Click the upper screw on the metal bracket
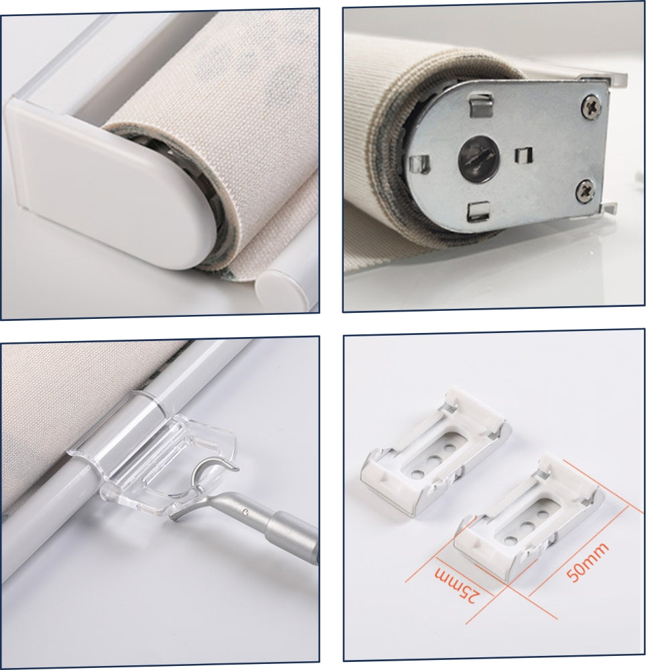pyautogui.click(x=591, y=106)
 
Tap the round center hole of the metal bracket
pyautogui.click(x=478, y=158)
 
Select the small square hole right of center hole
pyautogui.click(x=523, y=155)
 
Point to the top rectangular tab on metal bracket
pyautogui.click(x=480, y=106)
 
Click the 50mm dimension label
pyautogui.click(x=586, y=562)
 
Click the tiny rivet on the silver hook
pyautogui.click(x=245, y=511)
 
